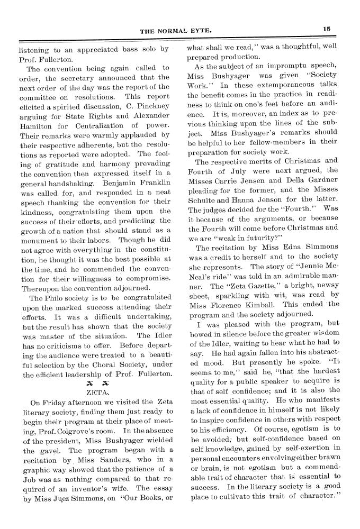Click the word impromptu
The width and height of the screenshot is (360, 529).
[287, 67]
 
